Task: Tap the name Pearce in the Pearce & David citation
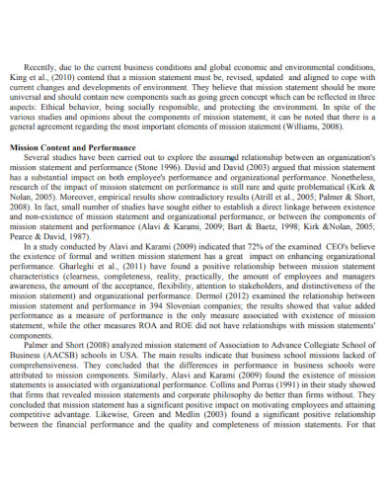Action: (25, 238)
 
